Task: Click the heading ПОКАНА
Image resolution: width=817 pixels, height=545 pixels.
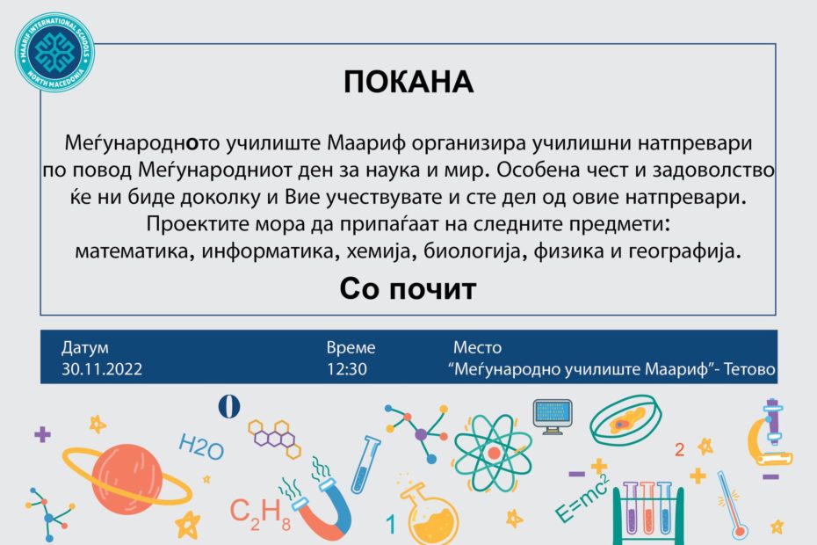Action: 408,82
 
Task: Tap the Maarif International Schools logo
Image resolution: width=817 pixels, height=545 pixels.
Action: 54,52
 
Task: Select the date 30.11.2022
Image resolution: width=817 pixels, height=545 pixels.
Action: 102,369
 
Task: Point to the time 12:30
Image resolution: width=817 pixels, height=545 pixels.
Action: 346,369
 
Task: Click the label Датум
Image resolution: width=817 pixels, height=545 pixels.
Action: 85,348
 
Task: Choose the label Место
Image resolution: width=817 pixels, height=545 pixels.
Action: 477,347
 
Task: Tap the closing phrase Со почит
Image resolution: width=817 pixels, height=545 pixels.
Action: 408,289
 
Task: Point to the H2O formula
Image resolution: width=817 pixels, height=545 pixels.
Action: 201,447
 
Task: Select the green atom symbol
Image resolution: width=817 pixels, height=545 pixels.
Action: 492,453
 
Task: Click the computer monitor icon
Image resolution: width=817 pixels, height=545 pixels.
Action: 553,416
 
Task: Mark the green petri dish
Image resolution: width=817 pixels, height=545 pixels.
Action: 625,420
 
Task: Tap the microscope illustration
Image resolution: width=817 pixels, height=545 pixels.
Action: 770,432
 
